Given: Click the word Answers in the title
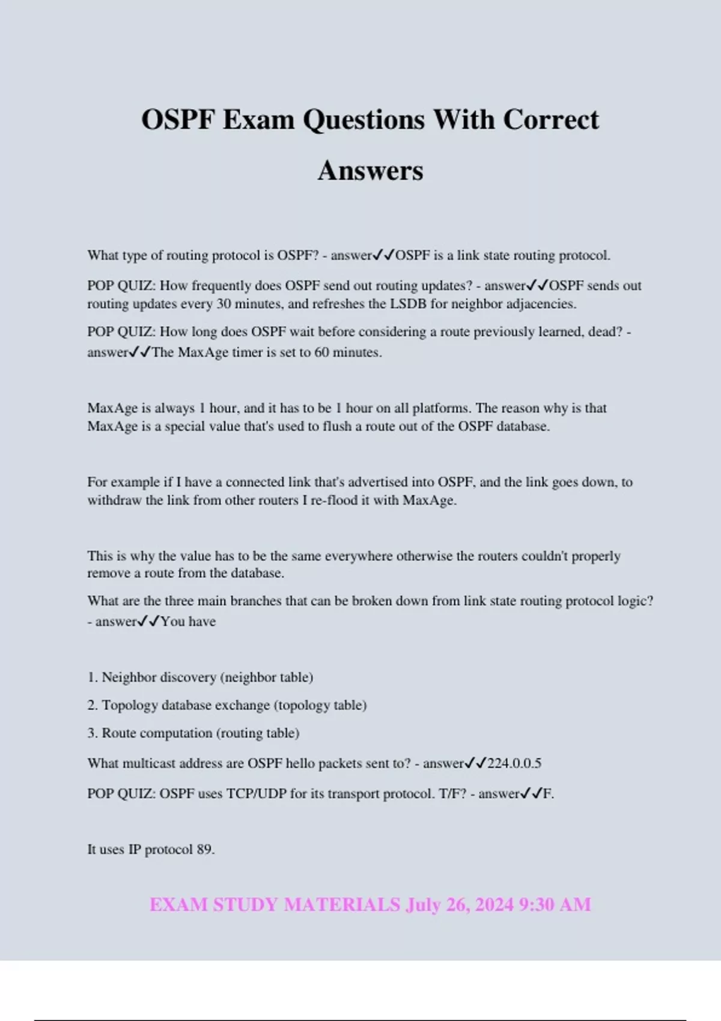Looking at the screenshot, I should [x=370, y=171].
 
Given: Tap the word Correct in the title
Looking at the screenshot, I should [x=550, y=120].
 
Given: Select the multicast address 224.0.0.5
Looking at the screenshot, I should [x=514, y=763].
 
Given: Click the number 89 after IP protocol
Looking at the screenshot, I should [x=205, y=849].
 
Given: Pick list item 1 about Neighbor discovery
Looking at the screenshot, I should [x=200, y=677].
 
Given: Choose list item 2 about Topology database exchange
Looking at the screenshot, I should [x=227, y=705].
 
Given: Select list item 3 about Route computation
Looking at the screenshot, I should [x=193, y=733].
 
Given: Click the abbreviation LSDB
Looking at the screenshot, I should [x=408, y=304].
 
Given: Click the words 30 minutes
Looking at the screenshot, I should [x=250, y=304].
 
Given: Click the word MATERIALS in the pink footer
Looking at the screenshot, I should [x=341, y=904].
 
